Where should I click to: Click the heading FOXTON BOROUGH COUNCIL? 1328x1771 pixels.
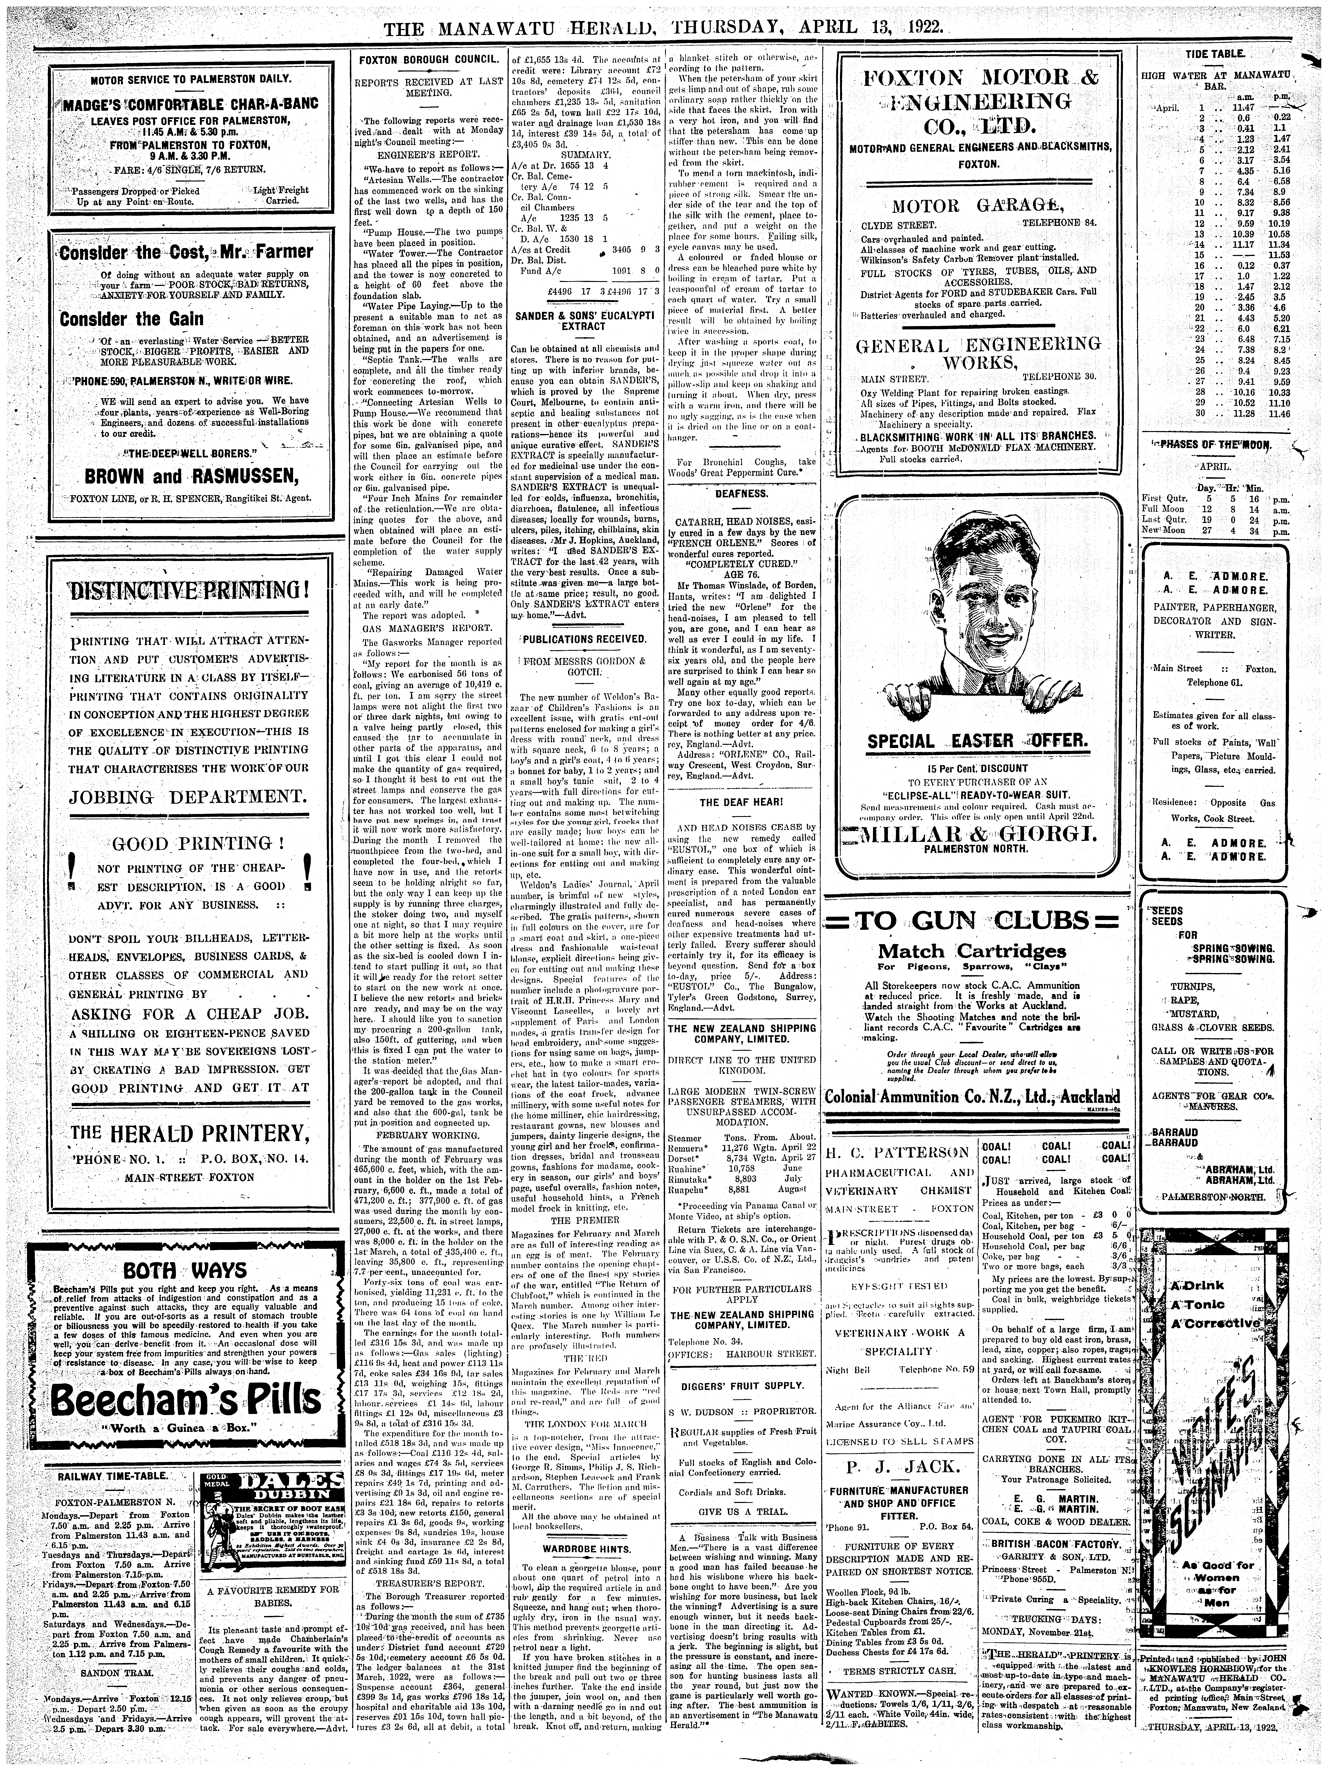pos(427,61)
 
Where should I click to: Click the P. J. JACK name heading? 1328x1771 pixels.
pos(900,1467)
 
